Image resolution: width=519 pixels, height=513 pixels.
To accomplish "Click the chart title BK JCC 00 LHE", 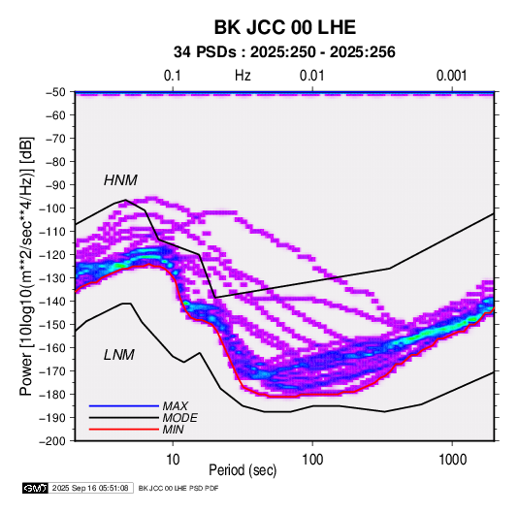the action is click(285, 27).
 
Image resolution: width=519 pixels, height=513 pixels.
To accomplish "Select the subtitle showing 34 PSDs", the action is click(284, 52).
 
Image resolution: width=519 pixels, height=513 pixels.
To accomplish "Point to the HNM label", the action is click(120, 180).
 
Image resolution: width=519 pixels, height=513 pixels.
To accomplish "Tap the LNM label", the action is click(119, 355).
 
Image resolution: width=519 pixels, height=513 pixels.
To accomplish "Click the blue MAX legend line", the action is click(124, 405).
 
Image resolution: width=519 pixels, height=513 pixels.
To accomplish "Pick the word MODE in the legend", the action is click(180, 418).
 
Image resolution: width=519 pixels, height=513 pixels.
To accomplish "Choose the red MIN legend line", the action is click(124, 430).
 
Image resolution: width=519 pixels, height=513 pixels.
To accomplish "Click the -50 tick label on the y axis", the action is click(55, 92).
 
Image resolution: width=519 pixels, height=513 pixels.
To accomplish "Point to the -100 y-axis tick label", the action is click(52, 208).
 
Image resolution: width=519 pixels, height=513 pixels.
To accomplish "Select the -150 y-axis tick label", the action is click(52, 325).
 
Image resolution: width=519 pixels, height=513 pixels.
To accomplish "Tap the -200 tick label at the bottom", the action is click(52, 441).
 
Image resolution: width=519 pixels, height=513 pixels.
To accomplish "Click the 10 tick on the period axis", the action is click(173, 460).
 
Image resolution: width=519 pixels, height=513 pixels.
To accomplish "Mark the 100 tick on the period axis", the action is click(312, 460).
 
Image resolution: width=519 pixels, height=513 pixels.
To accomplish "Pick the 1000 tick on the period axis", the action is click(452, 460).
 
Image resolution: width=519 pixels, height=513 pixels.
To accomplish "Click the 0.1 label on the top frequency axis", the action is click(173, 76).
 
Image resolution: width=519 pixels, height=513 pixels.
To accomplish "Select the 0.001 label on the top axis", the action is click(452, 76).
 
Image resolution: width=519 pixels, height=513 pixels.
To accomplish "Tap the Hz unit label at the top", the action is click(243, 76).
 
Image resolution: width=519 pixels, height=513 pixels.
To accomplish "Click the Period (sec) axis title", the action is click(243, 470).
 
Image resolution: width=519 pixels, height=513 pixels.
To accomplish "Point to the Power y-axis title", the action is click(26, 267).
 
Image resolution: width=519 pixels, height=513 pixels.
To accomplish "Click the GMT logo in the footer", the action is click(35, 488).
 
